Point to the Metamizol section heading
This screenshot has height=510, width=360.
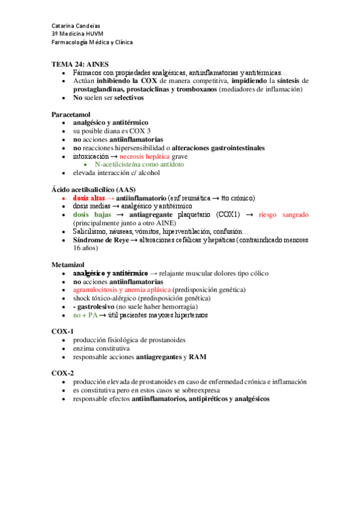click(x=68, y=264)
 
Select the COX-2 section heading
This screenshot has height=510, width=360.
click(x=63, y=373)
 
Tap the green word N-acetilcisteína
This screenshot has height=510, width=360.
click(x=119, y=164)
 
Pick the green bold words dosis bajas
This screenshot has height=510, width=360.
click(x=91, y=214)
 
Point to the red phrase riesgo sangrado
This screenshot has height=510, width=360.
click(x=284, y=214)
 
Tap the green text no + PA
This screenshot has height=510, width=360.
click(x=84, y=315)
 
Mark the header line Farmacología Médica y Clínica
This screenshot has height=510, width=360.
click(x=92, y=42)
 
